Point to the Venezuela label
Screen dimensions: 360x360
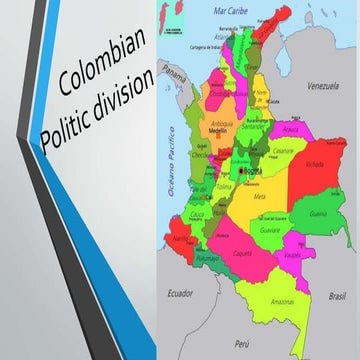pyautogui.click(x=323, y=87)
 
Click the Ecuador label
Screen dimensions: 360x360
pyautogui.click(x=180, y=293)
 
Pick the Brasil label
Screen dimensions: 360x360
pyautogui.click(x=336, y=298)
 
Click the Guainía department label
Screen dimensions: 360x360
pyautogui.click(x=318, y=213)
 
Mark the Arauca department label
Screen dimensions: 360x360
pyautogui.click(x=291, y=129)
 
